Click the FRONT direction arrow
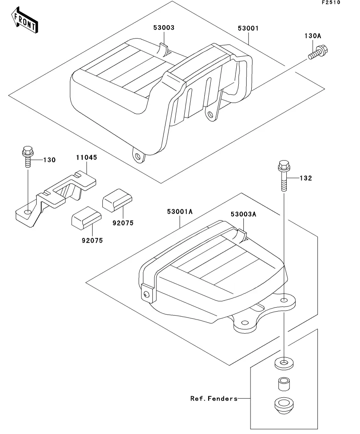(x=25, y=20)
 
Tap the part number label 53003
(x=164, y=28)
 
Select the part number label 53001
(x=248, y=28)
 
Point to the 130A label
(x=313, y=36)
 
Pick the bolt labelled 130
(x=28, y=157)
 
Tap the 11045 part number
(x=87, y=157)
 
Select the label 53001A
(x=180, y=212)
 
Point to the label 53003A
(x=243, y=214)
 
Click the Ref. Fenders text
(x=214, y=399)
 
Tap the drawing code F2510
(x=331, y=2)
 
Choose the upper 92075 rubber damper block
(x=117, y=200)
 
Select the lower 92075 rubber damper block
(x=87, y=218)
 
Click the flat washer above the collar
(x=284, y=364)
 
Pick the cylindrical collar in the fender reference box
(x=284, y=384)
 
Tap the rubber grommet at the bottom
(x=284, y=406)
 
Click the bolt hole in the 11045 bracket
(x=28, y=212)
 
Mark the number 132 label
(x=306, y=178)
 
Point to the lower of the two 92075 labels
(x=92, y=240)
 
